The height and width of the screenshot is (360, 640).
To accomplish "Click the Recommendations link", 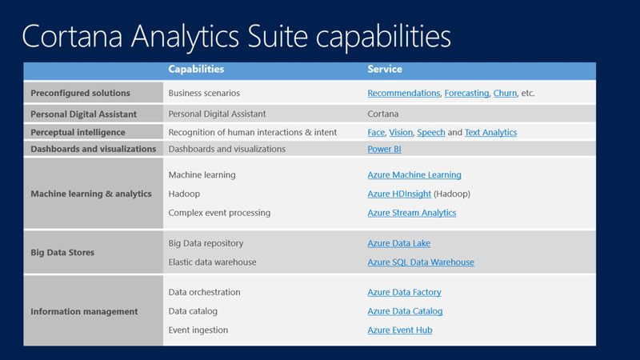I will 403,94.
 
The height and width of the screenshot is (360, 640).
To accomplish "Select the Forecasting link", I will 466,94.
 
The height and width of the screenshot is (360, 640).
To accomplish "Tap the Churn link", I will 505,94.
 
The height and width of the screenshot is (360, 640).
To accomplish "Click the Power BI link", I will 384,149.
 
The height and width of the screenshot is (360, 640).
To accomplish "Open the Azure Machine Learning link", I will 414,175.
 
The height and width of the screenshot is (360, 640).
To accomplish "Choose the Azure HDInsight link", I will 399,194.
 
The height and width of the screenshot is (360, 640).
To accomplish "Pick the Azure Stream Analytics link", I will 412,213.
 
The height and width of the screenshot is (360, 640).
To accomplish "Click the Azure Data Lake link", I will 398,243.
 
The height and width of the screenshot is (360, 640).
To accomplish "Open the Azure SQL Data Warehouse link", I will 421,262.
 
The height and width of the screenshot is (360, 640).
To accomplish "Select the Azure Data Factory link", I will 404,293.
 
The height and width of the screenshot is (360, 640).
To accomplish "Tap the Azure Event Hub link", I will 400,330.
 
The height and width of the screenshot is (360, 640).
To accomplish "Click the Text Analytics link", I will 490,133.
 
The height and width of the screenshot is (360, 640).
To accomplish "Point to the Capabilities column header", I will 196,70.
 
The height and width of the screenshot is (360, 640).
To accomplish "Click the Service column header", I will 385,70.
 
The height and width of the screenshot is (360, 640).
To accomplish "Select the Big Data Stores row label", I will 62,253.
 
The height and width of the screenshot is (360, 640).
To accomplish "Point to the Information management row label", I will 84,311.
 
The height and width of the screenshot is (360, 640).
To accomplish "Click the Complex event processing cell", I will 219,213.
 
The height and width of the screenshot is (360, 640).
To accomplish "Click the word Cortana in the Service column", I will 383,114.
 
